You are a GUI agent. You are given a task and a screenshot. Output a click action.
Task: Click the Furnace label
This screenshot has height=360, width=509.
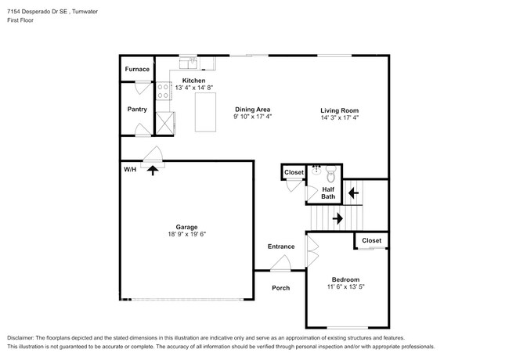pos(137,69)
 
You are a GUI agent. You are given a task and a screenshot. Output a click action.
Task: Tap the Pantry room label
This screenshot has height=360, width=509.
pos(137,110)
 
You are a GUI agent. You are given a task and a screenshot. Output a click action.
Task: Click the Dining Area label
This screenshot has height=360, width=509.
pos(252,110)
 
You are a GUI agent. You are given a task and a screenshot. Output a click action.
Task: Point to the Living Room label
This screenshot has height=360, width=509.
pos(339,110)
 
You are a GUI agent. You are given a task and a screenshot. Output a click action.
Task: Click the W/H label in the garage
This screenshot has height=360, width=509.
pos(129,169)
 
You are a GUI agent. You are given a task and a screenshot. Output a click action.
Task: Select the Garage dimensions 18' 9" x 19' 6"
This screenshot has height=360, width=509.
pos(186,234)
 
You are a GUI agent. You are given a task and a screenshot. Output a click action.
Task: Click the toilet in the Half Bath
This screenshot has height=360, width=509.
pos(330,172)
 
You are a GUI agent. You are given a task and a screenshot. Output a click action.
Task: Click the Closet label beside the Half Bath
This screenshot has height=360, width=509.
pos(294,172)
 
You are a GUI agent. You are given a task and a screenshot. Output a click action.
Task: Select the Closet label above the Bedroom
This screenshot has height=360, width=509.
pos(371,240)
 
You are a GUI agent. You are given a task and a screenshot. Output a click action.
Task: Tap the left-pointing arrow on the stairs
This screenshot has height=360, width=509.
pos(353,191)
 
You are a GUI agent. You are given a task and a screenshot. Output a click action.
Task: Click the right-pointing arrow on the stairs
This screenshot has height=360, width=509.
pos(337,218)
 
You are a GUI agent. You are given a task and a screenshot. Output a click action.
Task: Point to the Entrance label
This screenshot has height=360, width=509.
pos(281,247)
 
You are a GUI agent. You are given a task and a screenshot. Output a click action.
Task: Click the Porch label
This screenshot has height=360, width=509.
pos(280,288)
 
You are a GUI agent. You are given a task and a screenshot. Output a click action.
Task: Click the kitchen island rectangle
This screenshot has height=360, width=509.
pos(205,111)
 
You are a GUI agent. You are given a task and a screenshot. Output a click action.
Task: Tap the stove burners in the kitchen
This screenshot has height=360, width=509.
pos(164,92)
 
